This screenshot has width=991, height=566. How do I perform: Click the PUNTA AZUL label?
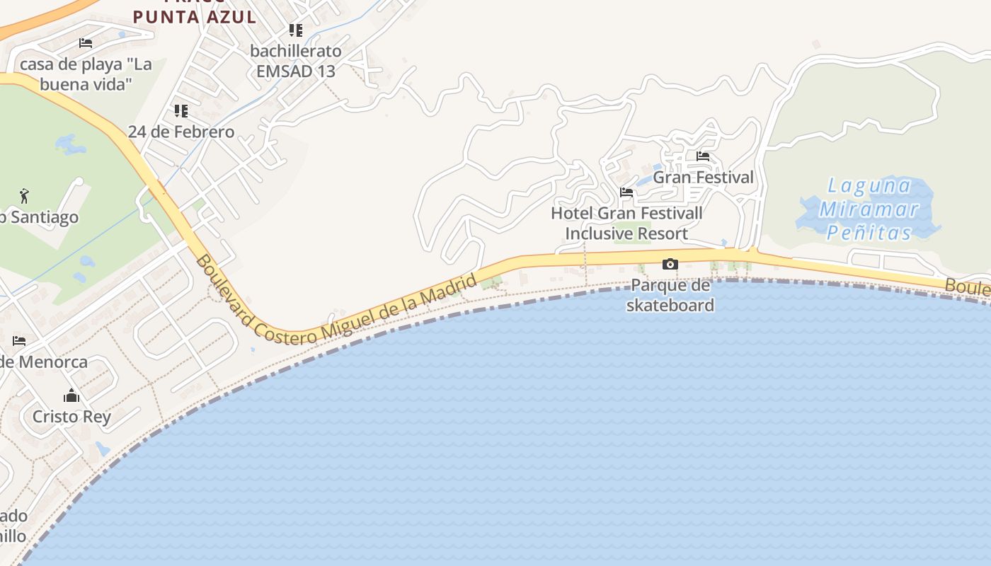pyautogui.click(x=194, y=16)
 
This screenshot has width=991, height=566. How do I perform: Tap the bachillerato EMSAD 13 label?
pyautogui.click(x=296, y=61)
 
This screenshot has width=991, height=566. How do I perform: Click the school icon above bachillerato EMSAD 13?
pyautogui.click(x=295, y=30)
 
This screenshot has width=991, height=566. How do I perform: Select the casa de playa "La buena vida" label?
pyautogui.click(x=86, y=74)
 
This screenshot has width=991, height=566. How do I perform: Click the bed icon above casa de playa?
pyautogui.click(x=86, y=43)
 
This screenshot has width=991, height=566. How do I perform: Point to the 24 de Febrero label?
pyautogui.click(x=181, y=132)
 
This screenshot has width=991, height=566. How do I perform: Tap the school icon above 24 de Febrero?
pyautogui.click(x=181, y=111)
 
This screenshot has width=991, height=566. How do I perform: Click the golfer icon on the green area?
pyautogui.click(x=25, y=195)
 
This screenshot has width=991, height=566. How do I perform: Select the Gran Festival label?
pyautogui.click(x=703, y=177)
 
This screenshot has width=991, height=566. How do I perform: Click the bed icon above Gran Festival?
pyautogui.click(x=703, y=156)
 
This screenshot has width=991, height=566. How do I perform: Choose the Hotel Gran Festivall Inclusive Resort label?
pyautogui.click(x=626, y=223)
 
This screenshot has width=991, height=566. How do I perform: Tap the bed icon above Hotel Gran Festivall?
pyautogui.click(x=626, y=192)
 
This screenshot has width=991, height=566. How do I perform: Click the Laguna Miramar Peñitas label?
pyautogui.click(x=869, y=209)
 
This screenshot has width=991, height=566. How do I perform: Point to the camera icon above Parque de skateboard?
pyautogui.click(x=670, y=265)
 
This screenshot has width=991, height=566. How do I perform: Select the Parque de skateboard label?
pyautogui.click(x=670, y=295)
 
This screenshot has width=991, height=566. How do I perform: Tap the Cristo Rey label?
pyautogui.click(x=71, y=416)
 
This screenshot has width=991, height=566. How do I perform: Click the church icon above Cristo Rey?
pyautogui.click(x=71, y=395)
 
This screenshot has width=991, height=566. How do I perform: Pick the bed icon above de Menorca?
pyautogui.click(x=19, y=341)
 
